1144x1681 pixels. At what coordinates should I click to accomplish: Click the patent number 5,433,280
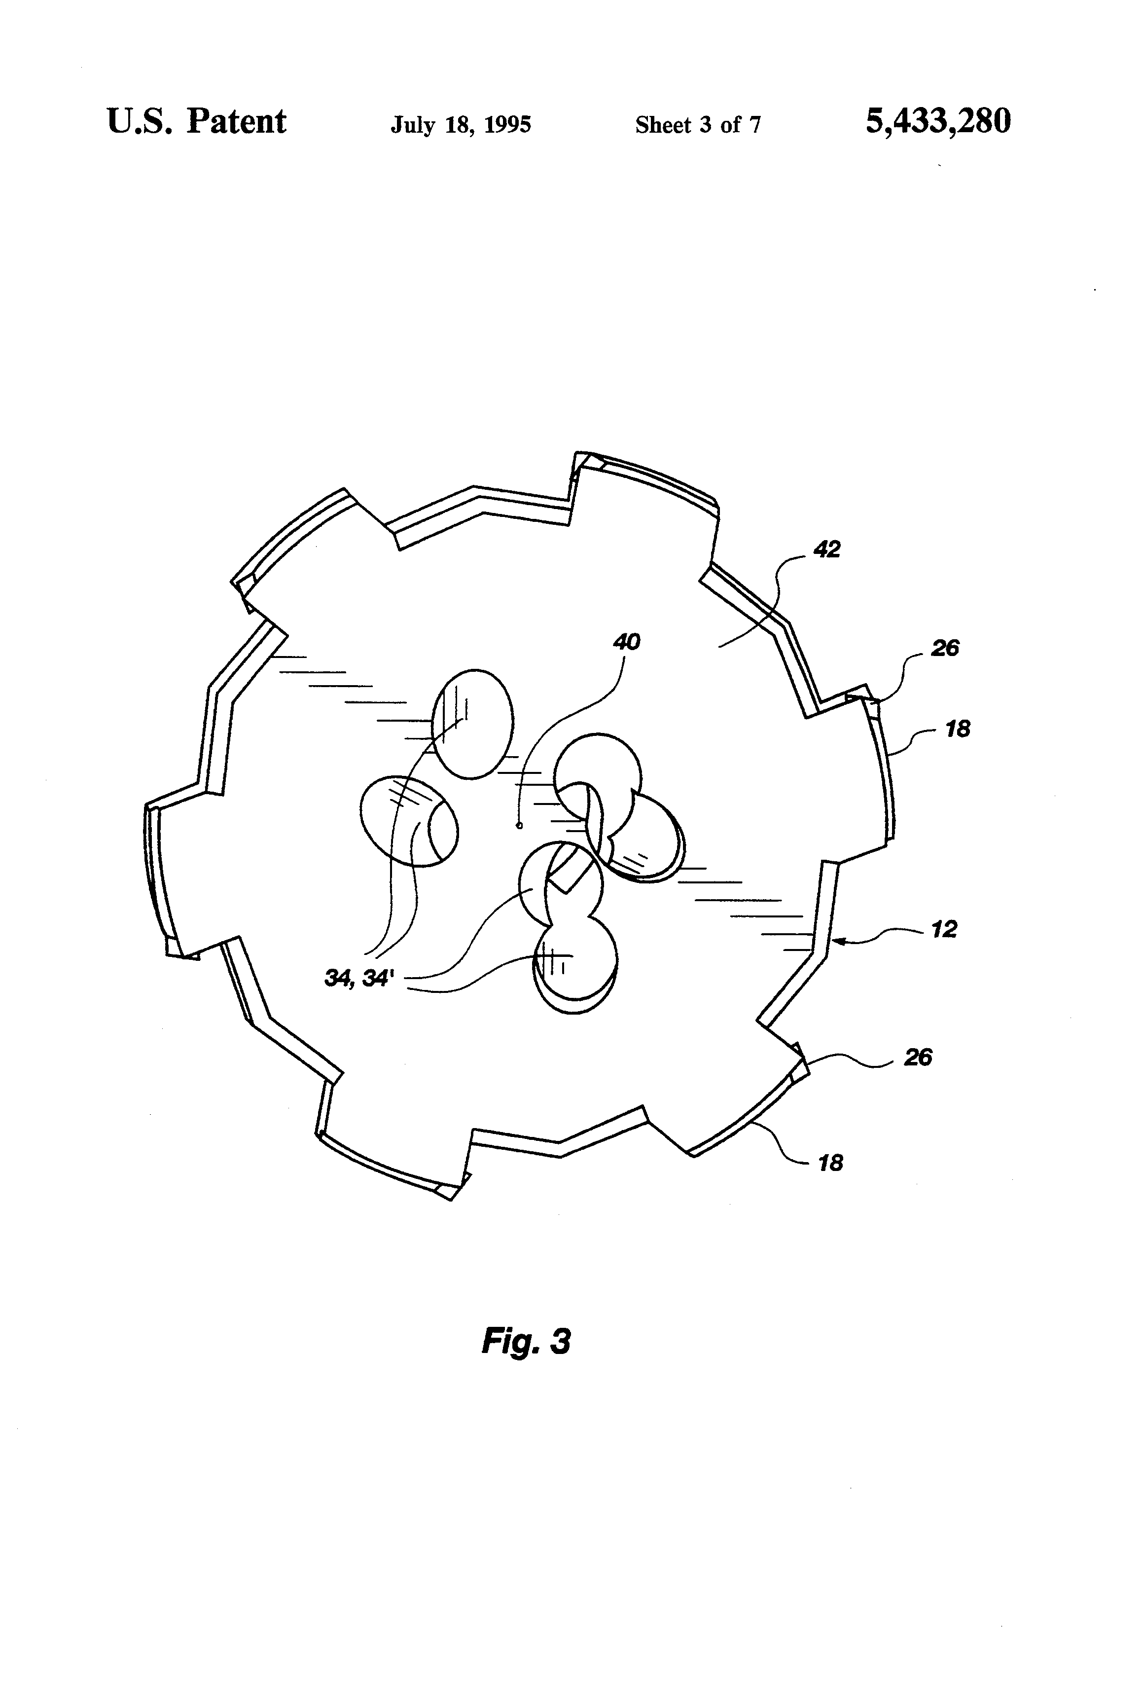(x=938, y=121)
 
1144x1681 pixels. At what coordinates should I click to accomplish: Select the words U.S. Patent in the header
(x=197, y=121)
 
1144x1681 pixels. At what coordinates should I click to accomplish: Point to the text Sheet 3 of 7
(x=698, y=125)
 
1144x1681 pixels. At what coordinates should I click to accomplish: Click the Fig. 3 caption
(x=526, y=1340)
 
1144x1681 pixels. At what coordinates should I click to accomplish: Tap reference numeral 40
(x=626, y=642)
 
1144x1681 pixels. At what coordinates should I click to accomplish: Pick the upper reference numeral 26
(x=944, y=648)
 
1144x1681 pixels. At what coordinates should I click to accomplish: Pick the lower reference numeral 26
(x=918, y=1058)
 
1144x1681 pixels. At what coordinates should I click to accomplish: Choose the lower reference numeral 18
(x=830, y=1163)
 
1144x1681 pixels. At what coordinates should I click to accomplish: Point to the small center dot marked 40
(x=519, y=825)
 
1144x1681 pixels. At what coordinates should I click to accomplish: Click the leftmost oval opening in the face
(x=409, y=820)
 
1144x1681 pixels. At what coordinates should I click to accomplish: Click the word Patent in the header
(x=237, y=121)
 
